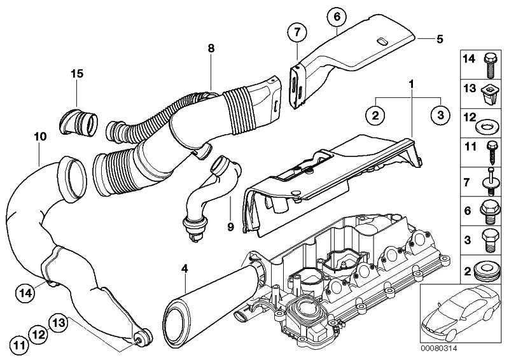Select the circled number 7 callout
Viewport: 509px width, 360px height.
[x=296, y=31]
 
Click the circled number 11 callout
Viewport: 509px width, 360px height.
[x=21, y=346]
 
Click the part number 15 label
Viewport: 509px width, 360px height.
[x=76, y=74]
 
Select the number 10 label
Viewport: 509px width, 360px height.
[x=40, y=136]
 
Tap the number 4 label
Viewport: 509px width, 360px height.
[x=185, y=269]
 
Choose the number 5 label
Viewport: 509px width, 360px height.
[x=439, y=38]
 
